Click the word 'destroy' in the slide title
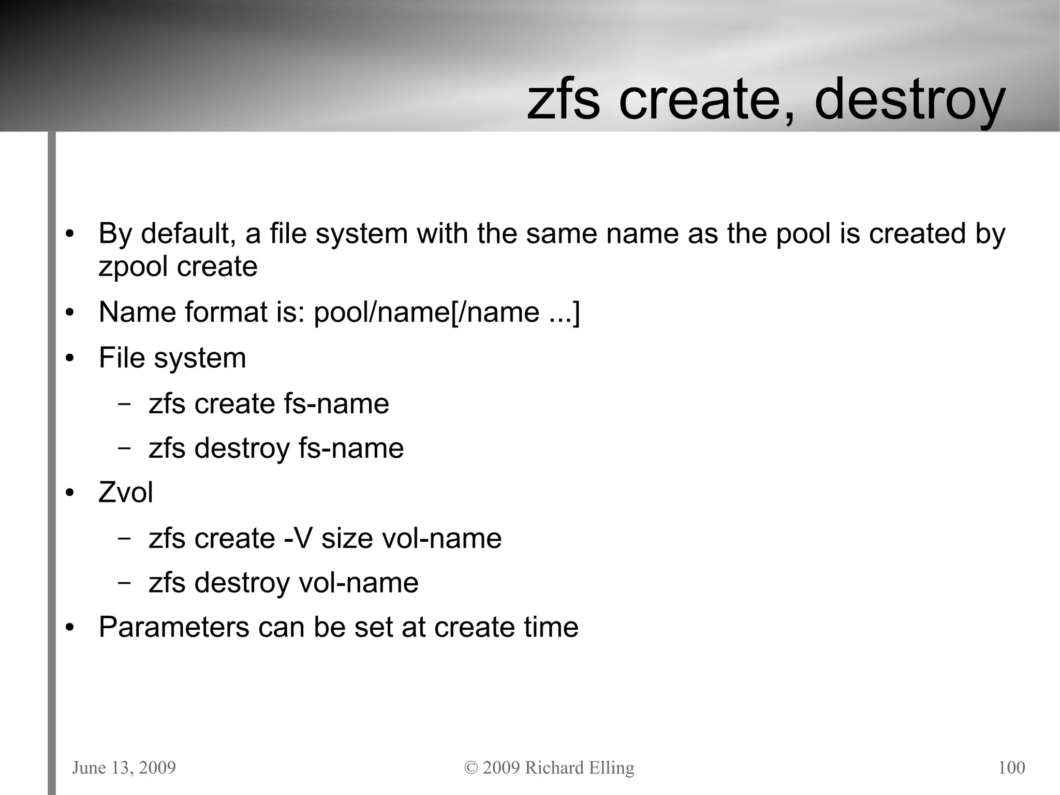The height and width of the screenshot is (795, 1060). tap(909, 100)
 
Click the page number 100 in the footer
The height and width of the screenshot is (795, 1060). tap(1011, 767)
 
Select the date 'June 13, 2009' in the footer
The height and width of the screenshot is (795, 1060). tap(124, 767)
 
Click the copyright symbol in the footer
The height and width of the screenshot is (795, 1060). tap(470, 768)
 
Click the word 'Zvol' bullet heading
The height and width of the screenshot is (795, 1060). tap(126, 492)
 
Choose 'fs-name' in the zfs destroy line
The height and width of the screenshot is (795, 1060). tap(351, 448)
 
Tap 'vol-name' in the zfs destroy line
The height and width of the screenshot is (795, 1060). tap(359, 583)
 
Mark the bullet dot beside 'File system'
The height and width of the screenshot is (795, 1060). tap(70, 358)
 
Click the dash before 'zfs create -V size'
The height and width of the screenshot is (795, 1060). tap(124, 539)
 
